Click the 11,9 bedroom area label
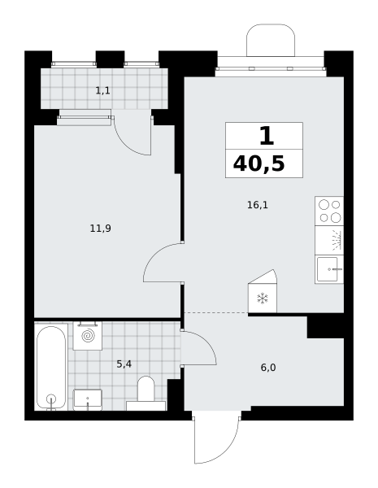click(x=101, y=229)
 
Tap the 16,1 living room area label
click(x=258, y=205)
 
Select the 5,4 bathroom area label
click(x=124, y=364)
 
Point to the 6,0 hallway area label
click(x=268, y=368)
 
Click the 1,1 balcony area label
click(x=102, y=91)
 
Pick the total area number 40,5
click(x=259, y=164)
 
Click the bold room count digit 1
click(x=267, y=137)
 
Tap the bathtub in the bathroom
click(x=51, y=368)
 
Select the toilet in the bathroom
click(x=146, y=394)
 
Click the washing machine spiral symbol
click(x=88, y=335)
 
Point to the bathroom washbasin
click(x=88, y=399)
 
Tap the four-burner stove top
click(x=329, y=211)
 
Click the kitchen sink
click(x=329, y=269)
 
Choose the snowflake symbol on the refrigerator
click(x=263, y=298)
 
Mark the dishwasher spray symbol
click(x=337, y=240)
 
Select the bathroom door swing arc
click(x=206, y=341)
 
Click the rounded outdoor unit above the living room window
click(x=271, y=40)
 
